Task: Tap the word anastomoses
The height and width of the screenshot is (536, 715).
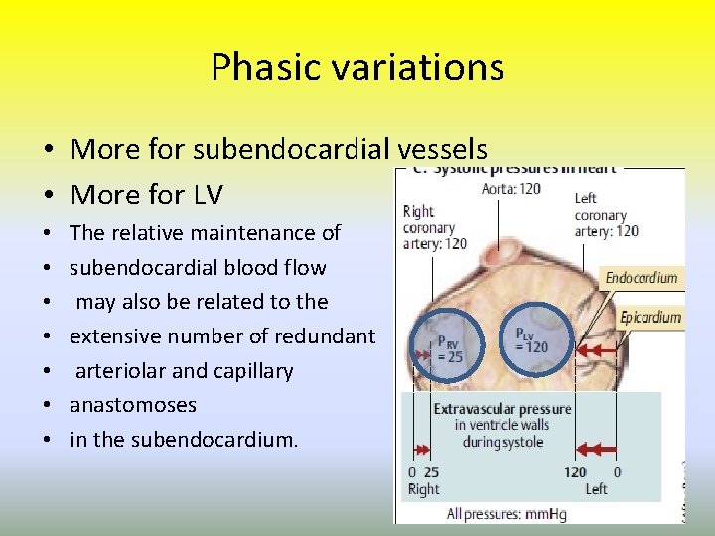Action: pyautogui.click(x=133, y=405)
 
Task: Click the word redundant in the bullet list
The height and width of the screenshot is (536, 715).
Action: pyautogui.click(x=327, y=336)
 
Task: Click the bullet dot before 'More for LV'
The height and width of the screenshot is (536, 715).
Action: pyautogui.click(x=48, y=194)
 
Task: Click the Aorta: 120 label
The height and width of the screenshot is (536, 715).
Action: pyautogui.click(x=510, y=189)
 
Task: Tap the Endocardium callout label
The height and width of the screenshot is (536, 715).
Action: pyautogui.click(x=642, y=279)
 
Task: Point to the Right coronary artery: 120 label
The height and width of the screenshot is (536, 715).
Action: pyautogui.click(x=434, y=226)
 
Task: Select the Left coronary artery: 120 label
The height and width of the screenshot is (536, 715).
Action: pyautogui.click(x=606, y=214)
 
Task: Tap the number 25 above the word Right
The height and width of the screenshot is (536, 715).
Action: pyautogui.click(x=432, y=472)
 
